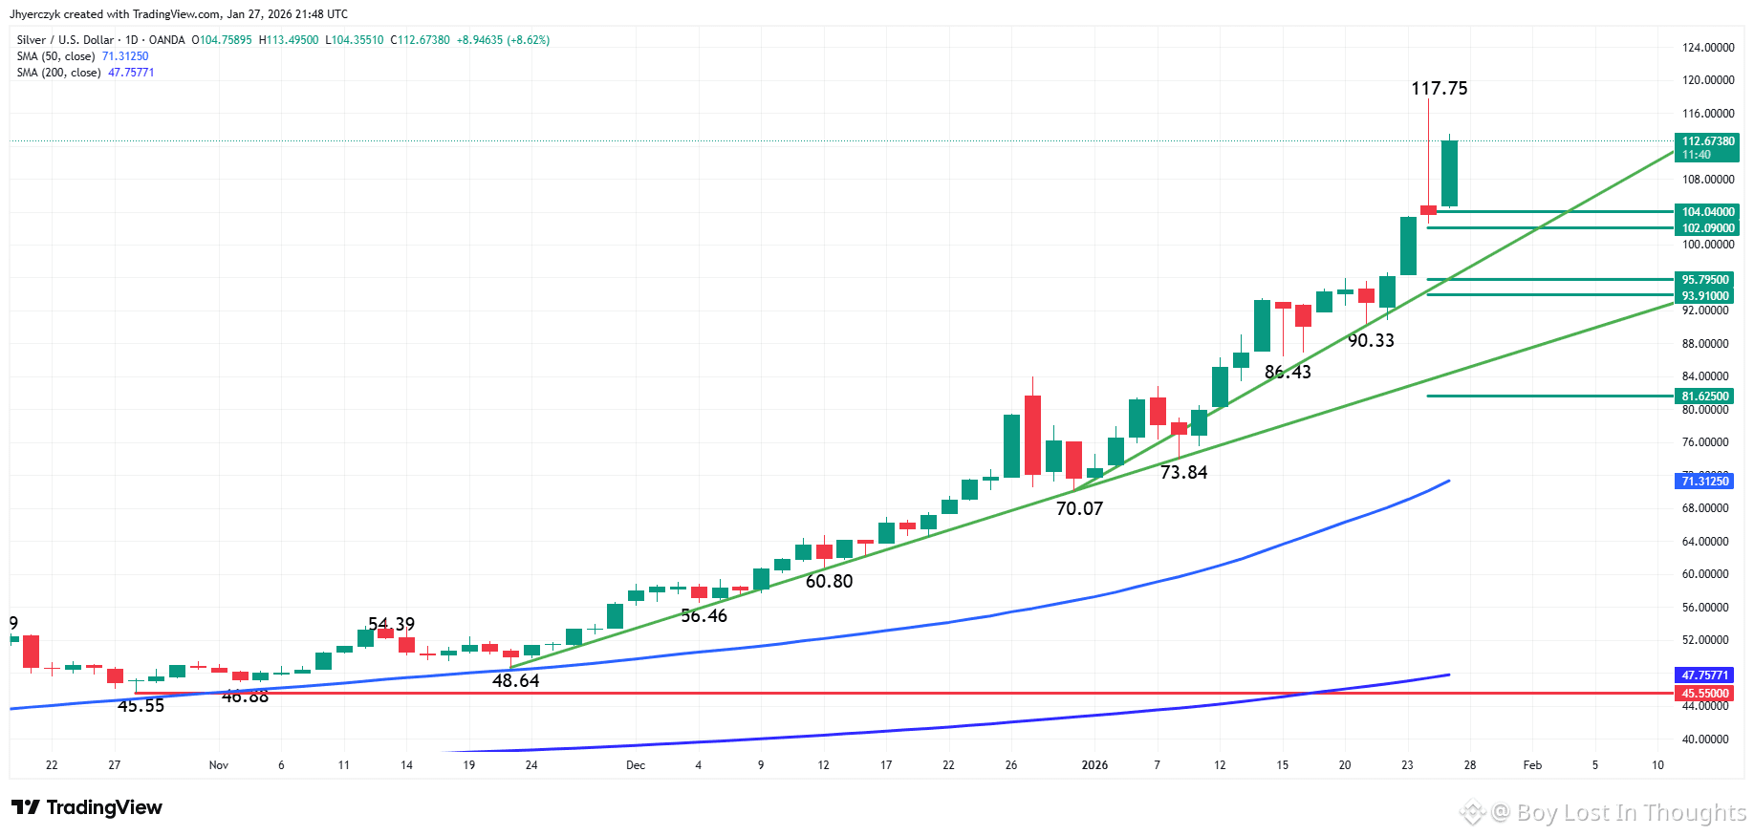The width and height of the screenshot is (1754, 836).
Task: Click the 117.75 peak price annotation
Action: point(1439,89)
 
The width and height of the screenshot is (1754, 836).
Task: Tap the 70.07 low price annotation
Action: point(1079,509)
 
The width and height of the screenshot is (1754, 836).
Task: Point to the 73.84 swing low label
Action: point(1183,473)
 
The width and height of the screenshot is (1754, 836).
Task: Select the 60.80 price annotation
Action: point(829,582)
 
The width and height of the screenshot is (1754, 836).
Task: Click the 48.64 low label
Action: point(515,681)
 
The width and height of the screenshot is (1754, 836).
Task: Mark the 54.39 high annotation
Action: point(391,624)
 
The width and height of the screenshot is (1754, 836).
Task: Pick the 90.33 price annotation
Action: point(1371,341)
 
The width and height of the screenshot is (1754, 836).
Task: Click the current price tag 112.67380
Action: point(1707,141)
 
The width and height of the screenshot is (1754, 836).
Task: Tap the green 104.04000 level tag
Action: point(1707,212)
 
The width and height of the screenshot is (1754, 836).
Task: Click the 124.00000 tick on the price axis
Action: point(1707,48)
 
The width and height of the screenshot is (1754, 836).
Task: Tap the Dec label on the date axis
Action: point(636,765)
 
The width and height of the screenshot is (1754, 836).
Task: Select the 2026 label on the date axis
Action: point(1094,765)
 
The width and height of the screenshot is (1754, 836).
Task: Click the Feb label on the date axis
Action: point(1532,765)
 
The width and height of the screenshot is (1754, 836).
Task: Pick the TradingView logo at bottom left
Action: point(87,808)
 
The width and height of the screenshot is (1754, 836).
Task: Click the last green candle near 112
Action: point(1449,173)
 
